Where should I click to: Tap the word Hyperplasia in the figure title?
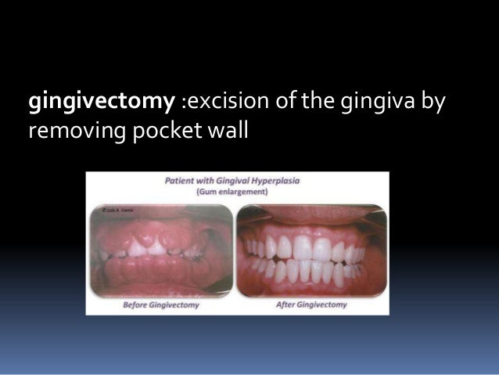(273, 180)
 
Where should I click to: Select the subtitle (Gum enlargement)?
(235, 190)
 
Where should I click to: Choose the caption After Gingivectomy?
(311, 305)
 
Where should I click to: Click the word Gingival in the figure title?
(232, 180)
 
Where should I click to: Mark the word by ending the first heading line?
(432, 103)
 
